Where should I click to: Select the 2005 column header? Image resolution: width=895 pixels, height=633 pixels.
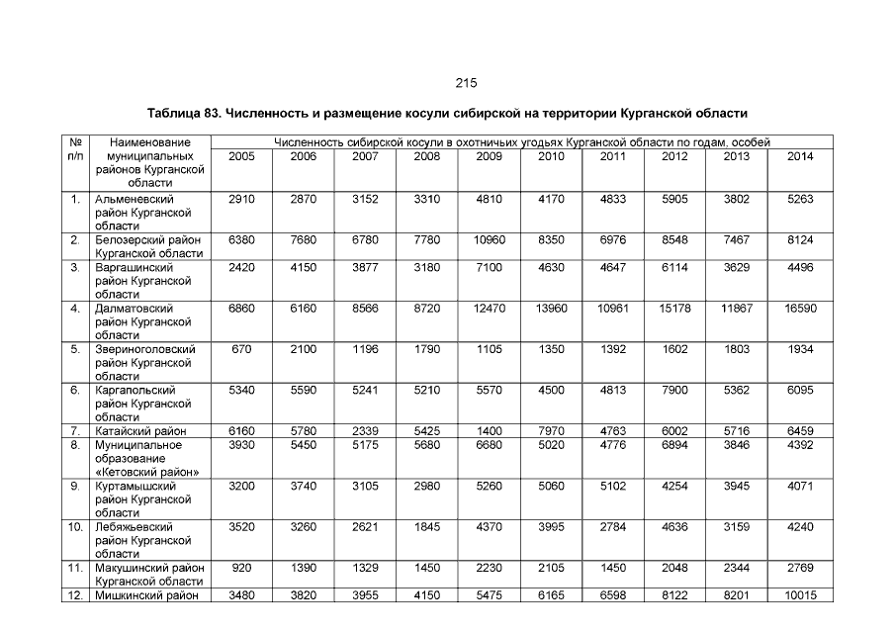[241, 157]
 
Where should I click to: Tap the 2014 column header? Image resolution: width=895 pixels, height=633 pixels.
[800, 157]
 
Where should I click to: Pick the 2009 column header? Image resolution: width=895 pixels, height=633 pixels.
[489, 157]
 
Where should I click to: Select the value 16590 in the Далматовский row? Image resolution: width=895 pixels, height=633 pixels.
[800, 309]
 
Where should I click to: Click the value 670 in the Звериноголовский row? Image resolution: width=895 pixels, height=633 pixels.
[241, 349]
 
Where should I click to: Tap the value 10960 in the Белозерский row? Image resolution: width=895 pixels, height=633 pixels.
[489, 240]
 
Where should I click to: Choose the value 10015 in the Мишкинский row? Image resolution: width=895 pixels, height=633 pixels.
[800, 595]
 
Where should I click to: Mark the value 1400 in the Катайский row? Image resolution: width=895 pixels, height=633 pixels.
[489, 431]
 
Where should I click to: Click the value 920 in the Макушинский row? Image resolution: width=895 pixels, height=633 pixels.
[241, 568]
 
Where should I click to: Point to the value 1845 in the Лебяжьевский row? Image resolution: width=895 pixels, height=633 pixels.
[427, 527]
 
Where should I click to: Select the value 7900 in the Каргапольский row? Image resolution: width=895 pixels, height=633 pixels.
[674, 391]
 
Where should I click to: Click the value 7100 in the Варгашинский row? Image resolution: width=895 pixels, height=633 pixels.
[489, 268]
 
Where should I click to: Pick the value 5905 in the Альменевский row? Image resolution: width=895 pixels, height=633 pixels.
[674, 199]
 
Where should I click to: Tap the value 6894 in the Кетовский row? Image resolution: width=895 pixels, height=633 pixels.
[674, 445]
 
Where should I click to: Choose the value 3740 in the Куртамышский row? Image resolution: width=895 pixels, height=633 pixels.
[304, 487]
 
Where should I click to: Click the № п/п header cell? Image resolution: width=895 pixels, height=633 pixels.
[75, 150]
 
